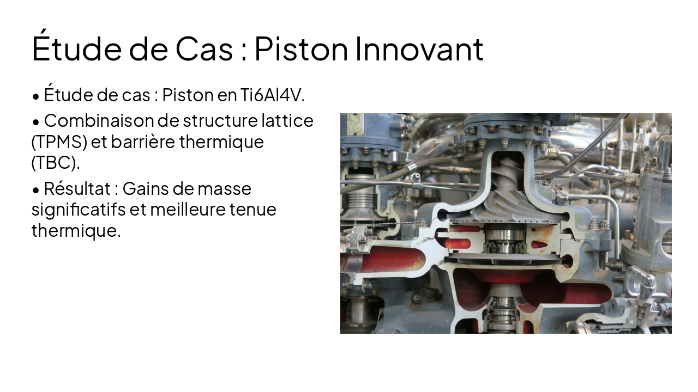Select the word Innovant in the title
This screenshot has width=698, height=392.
tap(419, 48)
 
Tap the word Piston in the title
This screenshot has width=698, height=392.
tap(301, 48)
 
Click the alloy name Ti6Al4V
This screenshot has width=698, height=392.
tap(272, 95)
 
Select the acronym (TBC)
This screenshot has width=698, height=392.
tap(55, 162)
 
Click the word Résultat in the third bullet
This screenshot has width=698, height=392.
tap(77, 189)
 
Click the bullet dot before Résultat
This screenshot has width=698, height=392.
tap(36, 190)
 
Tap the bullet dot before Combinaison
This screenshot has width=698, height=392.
tap(36, 121)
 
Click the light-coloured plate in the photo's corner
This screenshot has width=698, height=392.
tap(355, 124)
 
